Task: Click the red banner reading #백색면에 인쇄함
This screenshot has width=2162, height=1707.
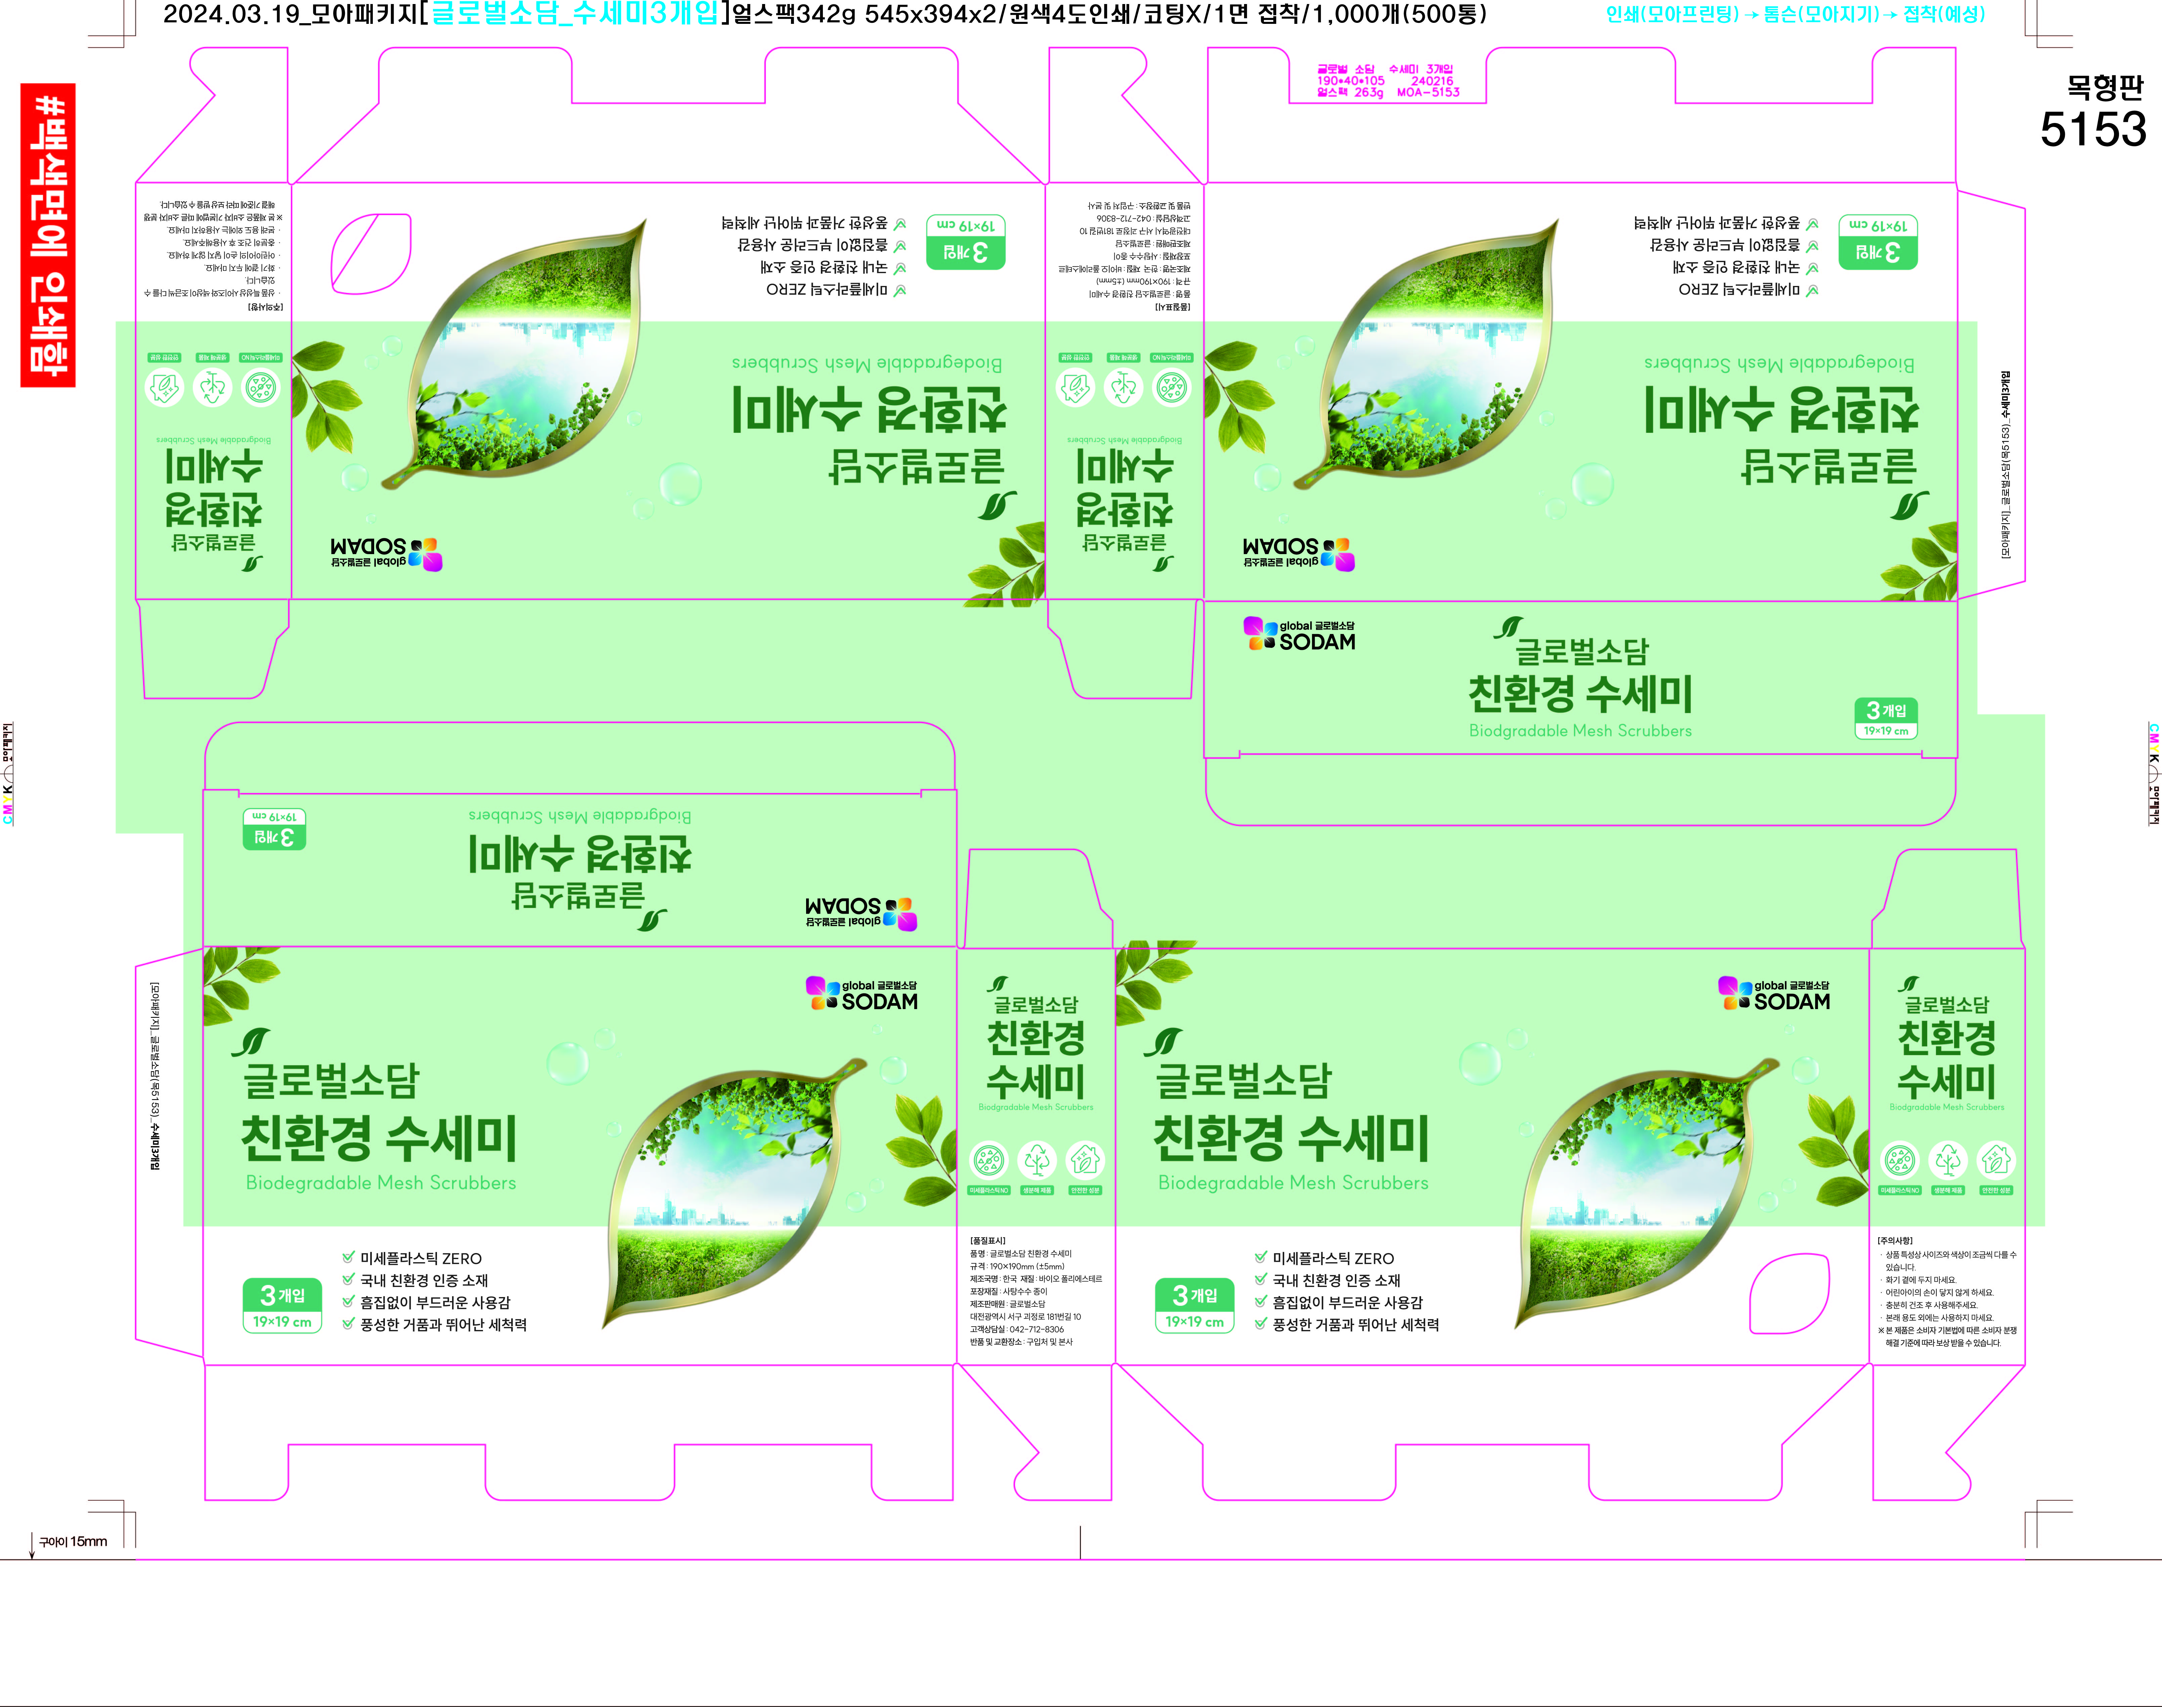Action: tap(48, 235)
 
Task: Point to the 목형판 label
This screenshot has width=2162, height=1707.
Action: tap(2105, 88)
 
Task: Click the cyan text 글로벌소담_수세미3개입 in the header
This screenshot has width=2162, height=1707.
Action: tap(574, 14)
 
